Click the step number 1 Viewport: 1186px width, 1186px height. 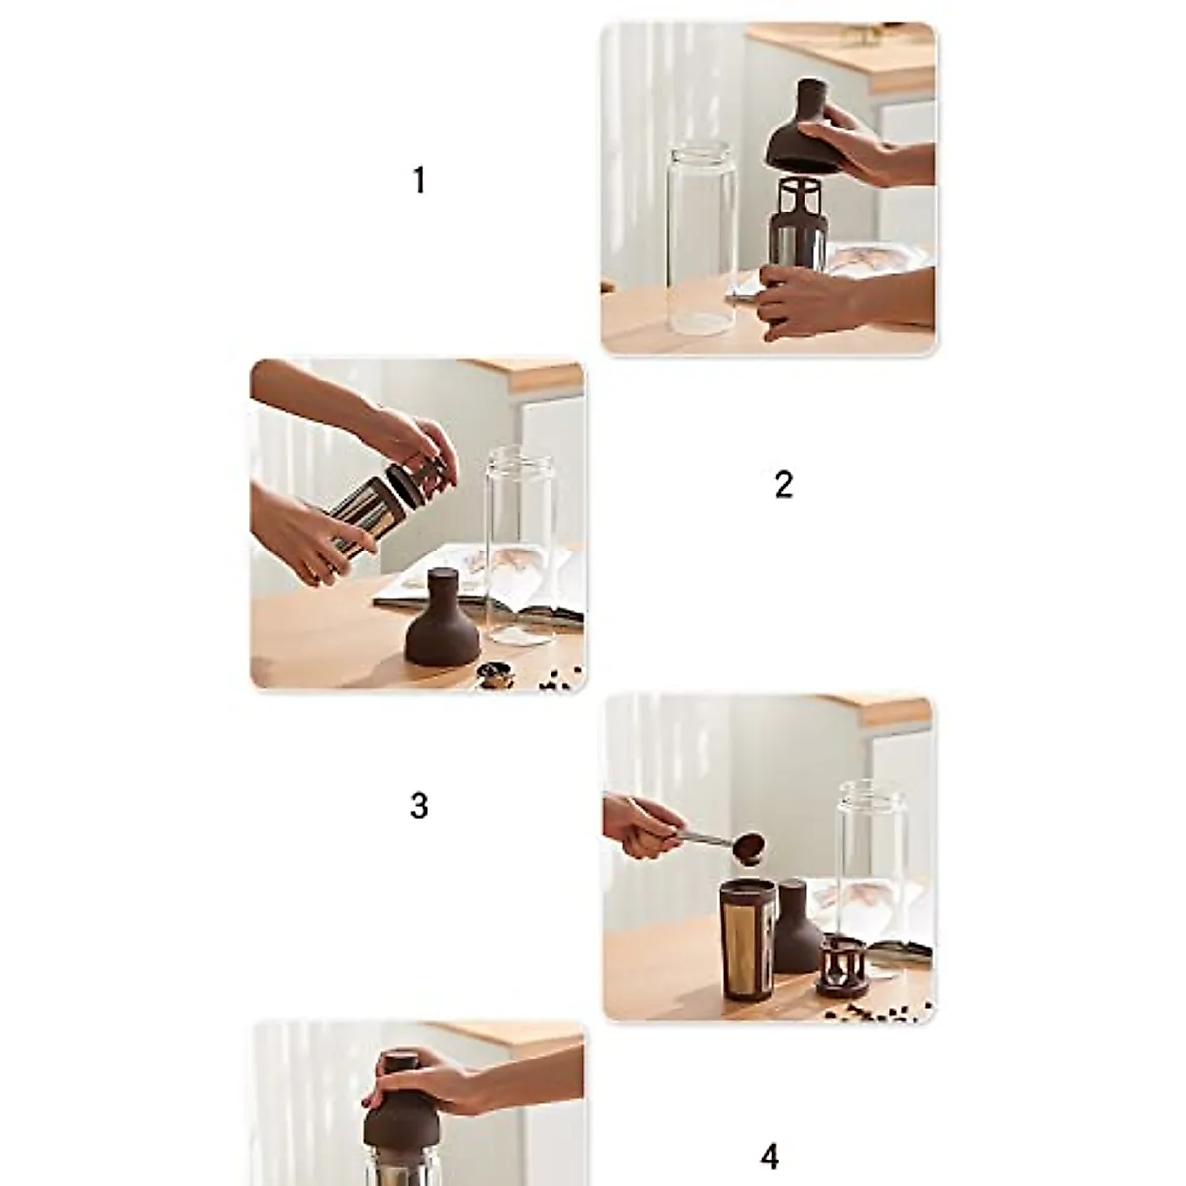419,181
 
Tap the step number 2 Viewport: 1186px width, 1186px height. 783,485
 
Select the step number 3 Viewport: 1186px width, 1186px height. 419,806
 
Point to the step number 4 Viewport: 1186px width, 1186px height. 770,1156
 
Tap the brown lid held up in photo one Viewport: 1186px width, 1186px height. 802,128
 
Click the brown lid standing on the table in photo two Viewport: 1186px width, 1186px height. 443,619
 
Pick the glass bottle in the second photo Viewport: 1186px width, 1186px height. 521,544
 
